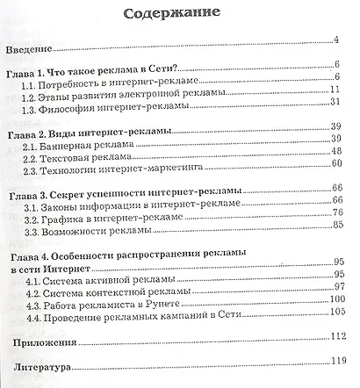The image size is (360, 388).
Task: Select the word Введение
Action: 31,45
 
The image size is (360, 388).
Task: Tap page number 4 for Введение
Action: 336,40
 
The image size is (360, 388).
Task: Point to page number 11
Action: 335,90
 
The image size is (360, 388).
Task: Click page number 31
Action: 335,103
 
